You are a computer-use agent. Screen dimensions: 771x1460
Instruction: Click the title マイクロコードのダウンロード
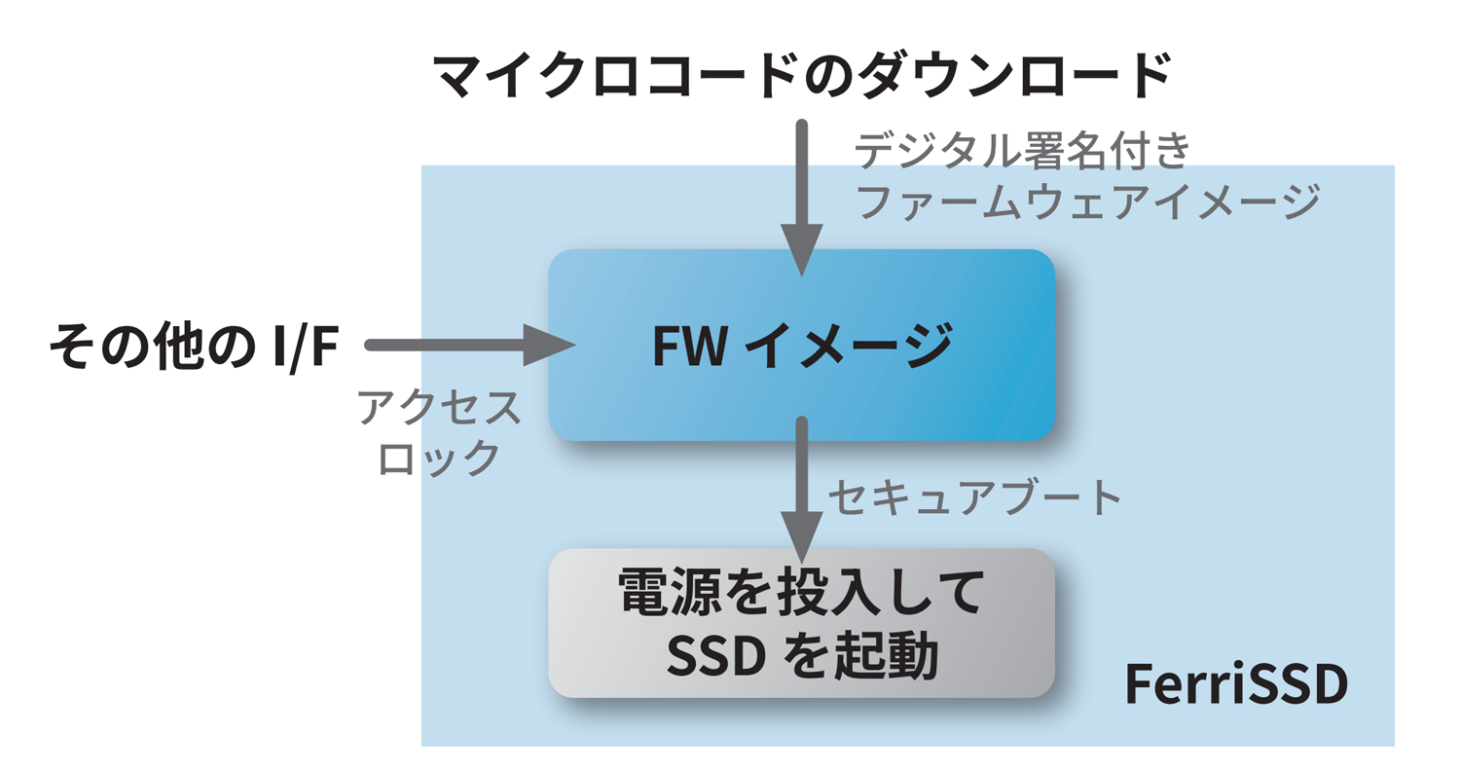coord(800,75)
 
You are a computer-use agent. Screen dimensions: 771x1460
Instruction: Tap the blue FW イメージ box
coord(801,345)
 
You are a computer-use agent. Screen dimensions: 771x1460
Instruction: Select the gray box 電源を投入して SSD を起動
coord(801,623)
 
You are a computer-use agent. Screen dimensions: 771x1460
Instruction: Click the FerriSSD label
coord(1235,685)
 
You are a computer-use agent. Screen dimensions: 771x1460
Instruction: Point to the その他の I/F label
coord(192,346)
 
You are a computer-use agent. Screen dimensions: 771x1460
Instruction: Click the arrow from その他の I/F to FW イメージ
coord(467,345)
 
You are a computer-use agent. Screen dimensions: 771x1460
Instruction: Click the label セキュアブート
coord(974,496)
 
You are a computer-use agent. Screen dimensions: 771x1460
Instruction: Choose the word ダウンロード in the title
coord(1012,75)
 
